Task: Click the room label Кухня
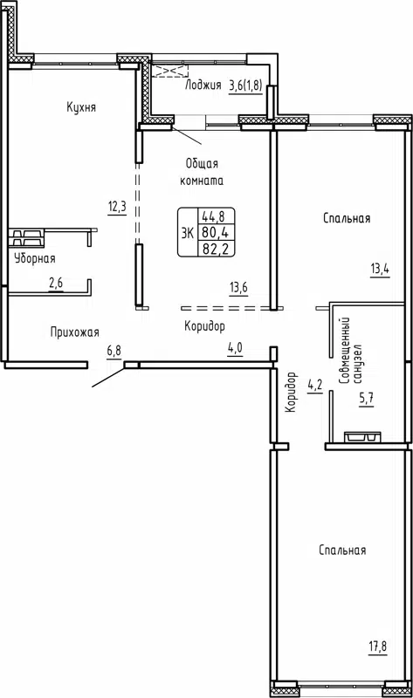pos(80,107)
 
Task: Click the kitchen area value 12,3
pos(117,207)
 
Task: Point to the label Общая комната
pos(203,172)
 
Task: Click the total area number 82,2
pos(210,249)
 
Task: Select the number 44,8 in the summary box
pos(210,217)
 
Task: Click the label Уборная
pos(35,258)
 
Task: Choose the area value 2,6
pos(56,282)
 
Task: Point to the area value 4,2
pos(315,383)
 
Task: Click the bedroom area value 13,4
pos(379,269)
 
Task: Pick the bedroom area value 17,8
pos(377,647)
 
